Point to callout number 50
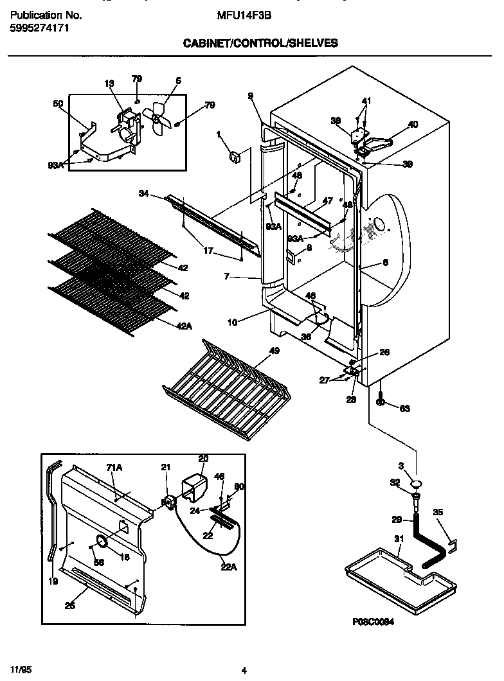[x=58, y=103]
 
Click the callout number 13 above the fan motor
[x=109, y=83]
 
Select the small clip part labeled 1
[x=234, y=155]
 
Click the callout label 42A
[x=184, y=326]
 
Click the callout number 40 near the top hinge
[x=413, y=124]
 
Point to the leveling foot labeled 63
[x=381, y=402]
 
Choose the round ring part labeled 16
[x=102, y=542]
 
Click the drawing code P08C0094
[x=373, y=622]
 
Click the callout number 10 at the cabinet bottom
[x=233, y=322]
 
